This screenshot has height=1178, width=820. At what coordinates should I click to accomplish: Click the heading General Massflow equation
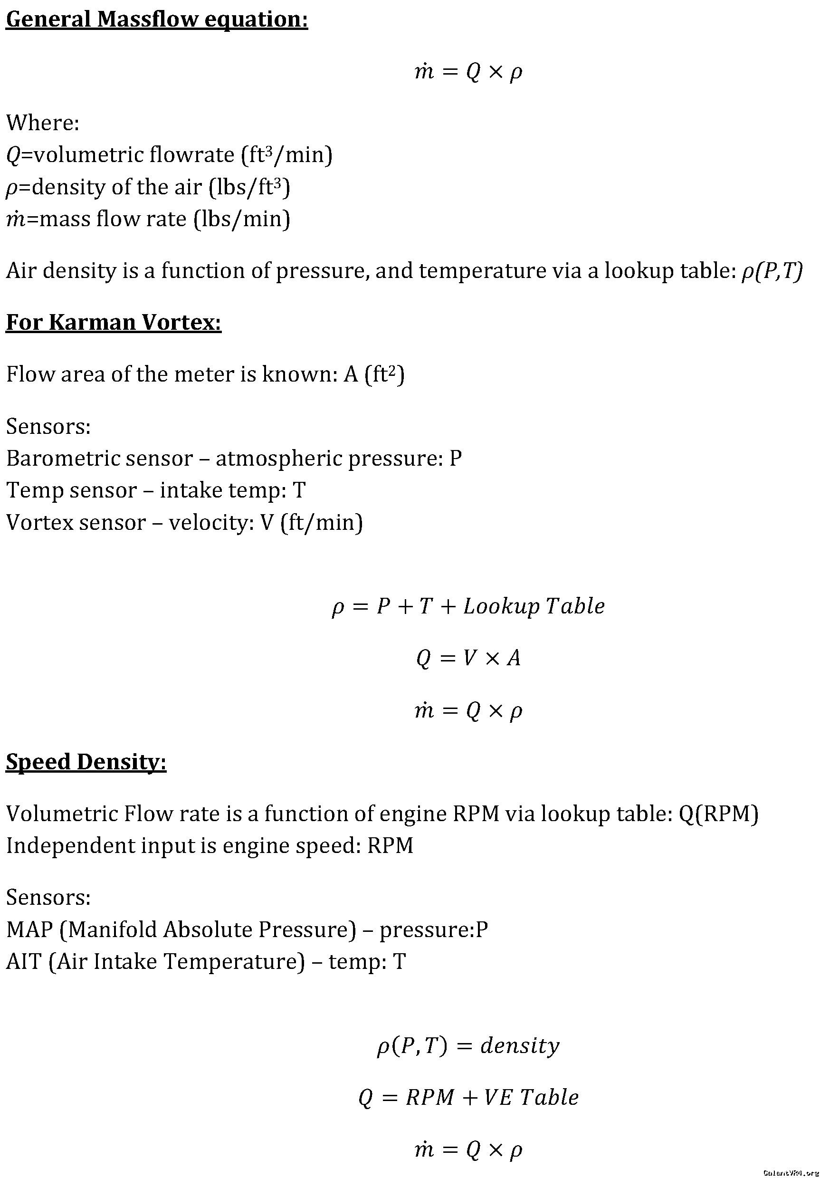[156, 19]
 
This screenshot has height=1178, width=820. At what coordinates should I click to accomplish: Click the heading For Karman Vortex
[114, 322]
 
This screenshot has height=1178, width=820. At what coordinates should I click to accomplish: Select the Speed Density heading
[86, 761]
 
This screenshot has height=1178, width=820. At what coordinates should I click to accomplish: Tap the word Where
[43, 123]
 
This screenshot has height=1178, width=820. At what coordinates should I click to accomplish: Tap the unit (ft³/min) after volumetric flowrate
[287, 155]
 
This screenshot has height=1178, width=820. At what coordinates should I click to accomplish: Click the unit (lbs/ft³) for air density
[249, 187]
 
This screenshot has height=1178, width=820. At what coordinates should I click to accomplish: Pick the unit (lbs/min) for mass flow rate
[241, 219]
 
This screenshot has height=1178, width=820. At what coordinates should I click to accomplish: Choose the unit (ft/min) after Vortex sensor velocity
[322, 523]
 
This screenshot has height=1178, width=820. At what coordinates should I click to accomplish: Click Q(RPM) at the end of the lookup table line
[718, 814]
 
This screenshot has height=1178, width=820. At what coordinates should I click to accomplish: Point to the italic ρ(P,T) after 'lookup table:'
[772, 271]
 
